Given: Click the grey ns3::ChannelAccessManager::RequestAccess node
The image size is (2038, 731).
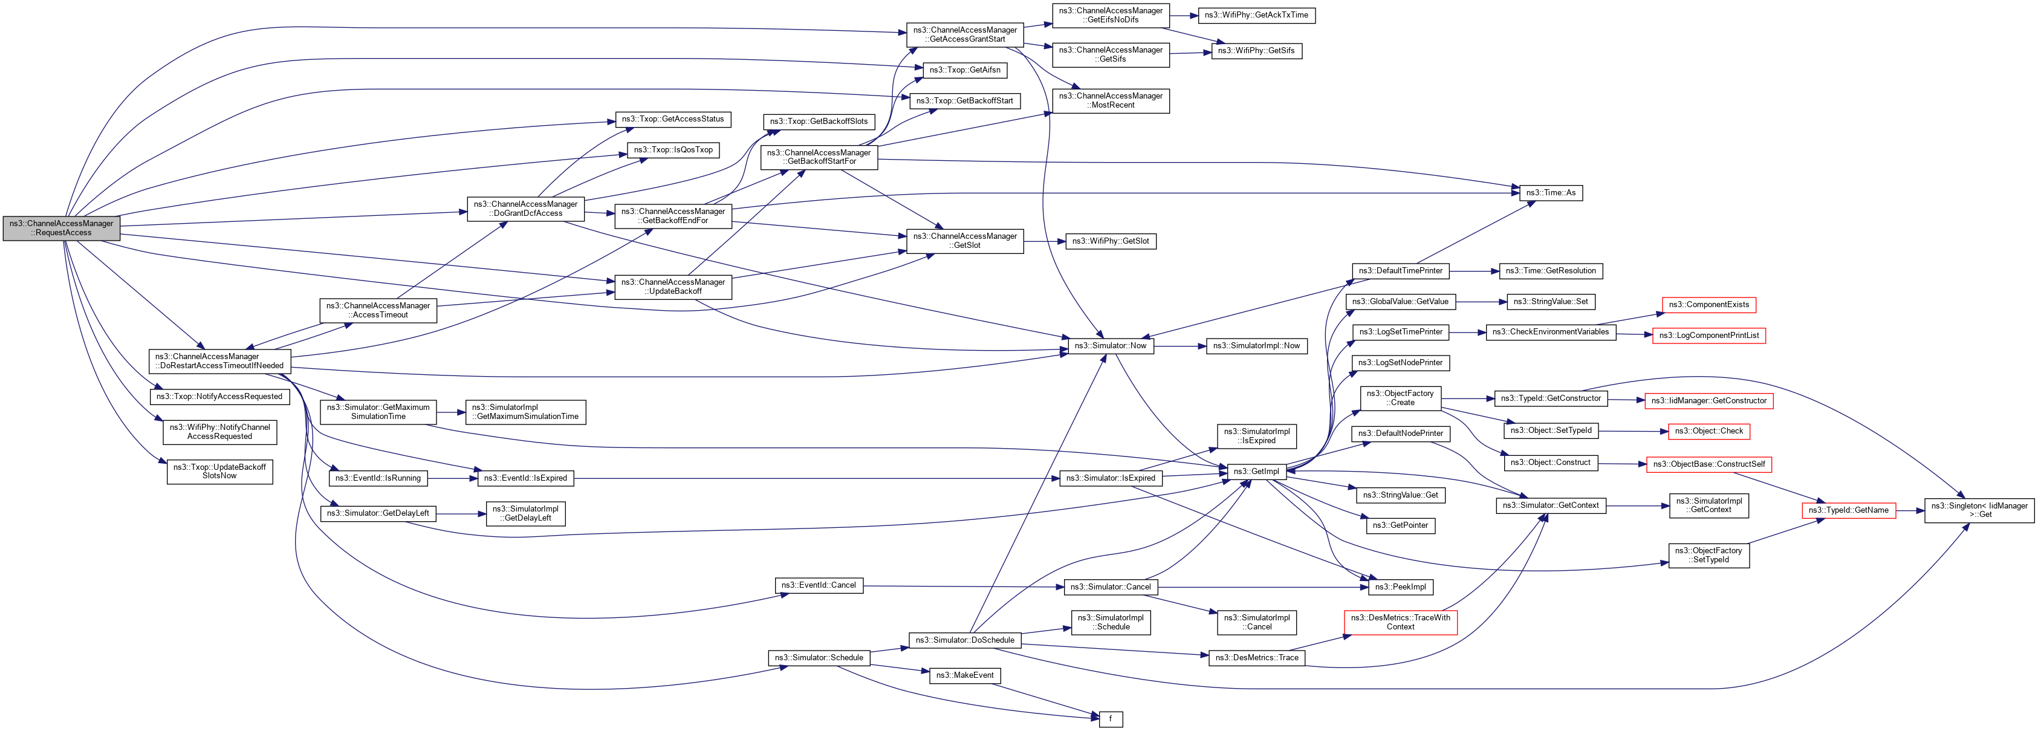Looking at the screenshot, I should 61,228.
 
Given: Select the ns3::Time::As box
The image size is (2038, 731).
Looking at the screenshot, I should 1550,192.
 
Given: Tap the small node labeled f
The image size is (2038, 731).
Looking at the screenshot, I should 1110,718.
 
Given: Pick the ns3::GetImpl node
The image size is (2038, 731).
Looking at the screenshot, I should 1256,472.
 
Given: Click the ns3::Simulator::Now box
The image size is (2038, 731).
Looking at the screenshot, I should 1110,346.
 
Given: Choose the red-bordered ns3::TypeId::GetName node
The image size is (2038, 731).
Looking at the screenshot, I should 1848,510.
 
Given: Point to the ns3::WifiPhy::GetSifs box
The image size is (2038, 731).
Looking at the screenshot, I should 1256,51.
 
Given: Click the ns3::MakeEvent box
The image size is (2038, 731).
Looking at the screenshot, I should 964,675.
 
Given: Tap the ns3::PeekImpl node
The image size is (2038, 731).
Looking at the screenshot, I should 1400,587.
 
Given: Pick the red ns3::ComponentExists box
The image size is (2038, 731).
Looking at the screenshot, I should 1708,305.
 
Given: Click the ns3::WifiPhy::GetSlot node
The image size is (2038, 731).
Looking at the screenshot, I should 1110,241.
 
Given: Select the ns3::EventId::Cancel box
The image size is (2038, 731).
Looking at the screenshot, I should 818,585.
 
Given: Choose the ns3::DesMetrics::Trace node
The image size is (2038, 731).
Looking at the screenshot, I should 1256,657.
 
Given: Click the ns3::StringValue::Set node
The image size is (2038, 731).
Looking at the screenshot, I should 1550,302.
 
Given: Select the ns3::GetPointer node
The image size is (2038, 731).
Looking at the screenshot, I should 1400,525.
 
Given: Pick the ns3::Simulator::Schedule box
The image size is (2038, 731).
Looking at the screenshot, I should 818,657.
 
